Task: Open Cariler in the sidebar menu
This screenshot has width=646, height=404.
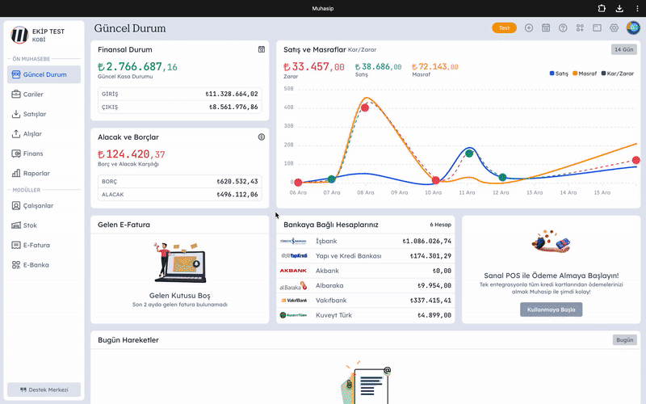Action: [33, 95]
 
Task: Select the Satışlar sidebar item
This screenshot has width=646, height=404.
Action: [35, 114]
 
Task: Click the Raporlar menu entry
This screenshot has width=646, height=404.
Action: [36, 173]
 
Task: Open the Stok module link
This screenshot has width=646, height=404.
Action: [30, 225]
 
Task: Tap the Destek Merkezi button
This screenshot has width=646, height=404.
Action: [44, 389]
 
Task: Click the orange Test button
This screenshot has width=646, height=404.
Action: [504, 28]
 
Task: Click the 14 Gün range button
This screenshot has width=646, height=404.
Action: [624, 49]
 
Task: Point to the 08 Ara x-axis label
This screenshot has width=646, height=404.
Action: [365, 193]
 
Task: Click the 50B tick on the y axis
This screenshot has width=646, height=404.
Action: [289, 88]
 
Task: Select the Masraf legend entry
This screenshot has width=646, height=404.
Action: [585, 74]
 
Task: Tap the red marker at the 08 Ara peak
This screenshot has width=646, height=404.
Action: [365, 107]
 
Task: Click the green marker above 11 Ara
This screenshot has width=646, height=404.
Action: [468, 153]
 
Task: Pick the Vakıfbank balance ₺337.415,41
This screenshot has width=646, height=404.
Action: [429, 300]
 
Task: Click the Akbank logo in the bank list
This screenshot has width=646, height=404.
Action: [293, 271]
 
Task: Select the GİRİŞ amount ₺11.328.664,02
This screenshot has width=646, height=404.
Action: [232, 95]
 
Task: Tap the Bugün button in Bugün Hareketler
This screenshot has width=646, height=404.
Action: [624, 340]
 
